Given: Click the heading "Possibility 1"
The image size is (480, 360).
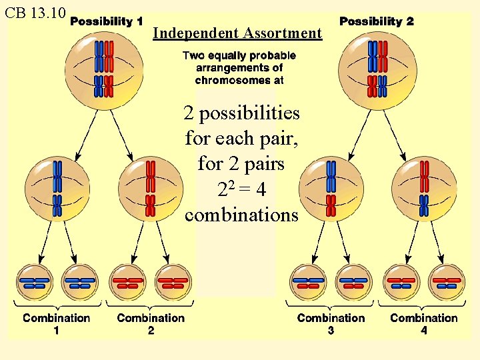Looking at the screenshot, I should click(106, 21).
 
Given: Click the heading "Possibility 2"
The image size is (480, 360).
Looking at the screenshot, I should click(376, 21).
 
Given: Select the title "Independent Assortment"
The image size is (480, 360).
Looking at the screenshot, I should click(237, 33).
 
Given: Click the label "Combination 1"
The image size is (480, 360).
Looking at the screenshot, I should click(56, 323).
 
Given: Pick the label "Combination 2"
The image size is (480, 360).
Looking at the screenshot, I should click(151, 323).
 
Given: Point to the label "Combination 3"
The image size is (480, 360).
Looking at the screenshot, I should click(331, 323).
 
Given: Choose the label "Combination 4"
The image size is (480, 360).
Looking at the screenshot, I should click(424, 323).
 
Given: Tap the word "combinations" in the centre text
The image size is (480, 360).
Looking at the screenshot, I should click(241, 215).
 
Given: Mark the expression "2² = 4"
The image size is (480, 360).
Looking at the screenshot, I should click(241, 190).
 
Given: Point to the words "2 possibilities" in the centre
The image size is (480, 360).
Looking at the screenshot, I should click(241, 113).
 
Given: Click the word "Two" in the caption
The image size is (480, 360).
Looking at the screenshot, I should click(193, 56).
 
